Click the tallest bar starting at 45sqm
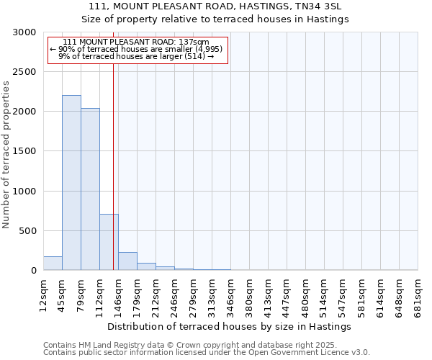71,183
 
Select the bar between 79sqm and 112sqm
90,189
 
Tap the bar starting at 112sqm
109,242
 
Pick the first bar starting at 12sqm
53,264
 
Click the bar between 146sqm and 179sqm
127,261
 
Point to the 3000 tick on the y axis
26,32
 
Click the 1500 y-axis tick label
26,152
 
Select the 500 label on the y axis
29,231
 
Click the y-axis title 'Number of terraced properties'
6,155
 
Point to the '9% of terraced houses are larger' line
136,56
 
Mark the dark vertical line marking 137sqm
113,166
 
